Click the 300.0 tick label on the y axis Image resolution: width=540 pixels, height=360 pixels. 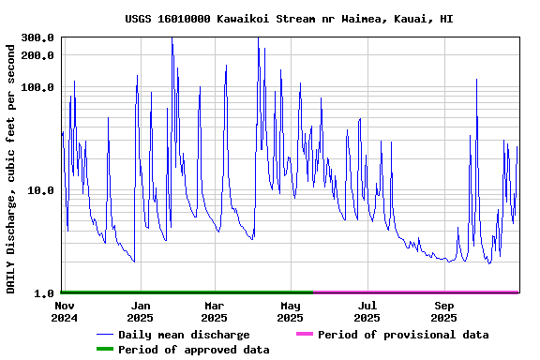click(x=37, y=37)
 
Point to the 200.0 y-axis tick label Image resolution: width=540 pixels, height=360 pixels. click(x=37, y=55)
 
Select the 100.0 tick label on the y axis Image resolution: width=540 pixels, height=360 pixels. click(x=37, y=87)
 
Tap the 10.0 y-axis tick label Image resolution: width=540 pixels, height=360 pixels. click(x=40, y=190)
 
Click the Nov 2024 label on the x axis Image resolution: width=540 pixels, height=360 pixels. click(x=64, y=311)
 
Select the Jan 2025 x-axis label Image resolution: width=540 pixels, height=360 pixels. click(x=141, y=311)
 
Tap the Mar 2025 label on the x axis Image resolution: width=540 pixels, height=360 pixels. click(x=215, y=311)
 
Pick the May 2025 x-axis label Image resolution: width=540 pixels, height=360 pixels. click(x=291, y=311)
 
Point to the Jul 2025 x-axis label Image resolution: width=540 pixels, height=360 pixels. click(x=367, y=311)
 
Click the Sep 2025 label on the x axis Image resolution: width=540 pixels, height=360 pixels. click(x=444, y=311)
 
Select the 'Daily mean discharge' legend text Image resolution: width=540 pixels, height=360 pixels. click(x=184, y=335)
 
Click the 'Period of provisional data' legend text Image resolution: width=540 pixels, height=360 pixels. click(x=403, y=335)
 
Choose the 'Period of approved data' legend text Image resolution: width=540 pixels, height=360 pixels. click(x=193, y=350)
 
